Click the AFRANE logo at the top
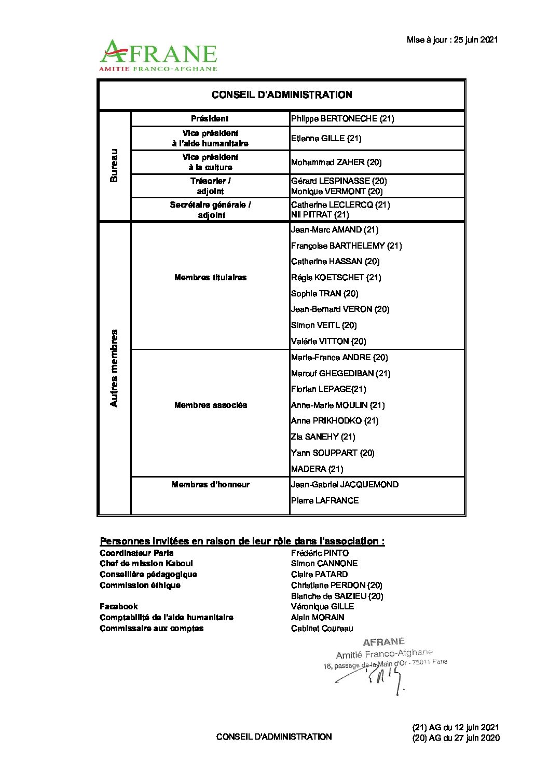point(158,55)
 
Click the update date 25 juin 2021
point(452,40)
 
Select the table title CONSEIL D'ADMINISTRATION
point(282,95)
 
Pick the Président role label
point(210,119)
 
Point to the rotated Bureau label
point(114,166)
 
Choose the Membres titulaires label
point(211,278)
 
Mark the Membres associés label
point(211,405)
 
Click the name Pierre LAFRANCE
point(325,501)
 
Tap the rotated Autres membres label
point(114,368)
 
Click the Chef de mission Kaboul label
point(146,564)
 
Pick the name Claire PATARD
point(319,575)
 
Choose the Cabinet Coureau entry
point(322,629)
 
